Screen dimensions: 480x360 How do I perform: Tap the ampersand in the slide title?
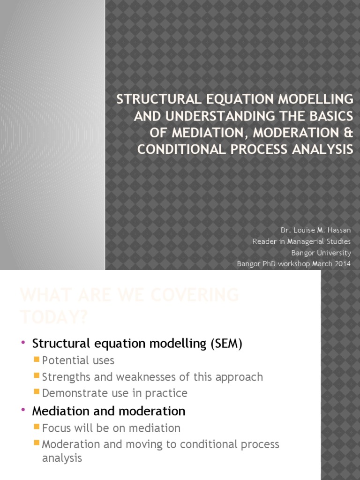click(x=347, y=133)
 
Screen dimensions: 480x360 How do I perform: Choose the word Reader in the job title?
click(x=263, y=241)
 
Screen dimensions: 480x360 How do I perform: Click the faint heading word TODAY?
click(x=53, y=317)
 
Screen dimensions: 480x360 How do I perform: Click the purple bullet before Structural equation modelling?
click(x=23, y=343)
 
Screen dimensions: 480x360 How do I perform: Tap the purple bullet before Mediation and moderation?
click(x=23, y=411)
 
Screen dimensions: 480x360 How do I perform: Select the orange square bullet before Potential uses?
click(x=37, y=360)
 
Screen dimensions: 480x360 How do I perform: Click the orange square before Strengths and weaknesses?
click(x=37, y=376)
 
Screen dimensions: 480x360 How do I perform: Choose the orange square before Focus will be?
click(x=37, y=427)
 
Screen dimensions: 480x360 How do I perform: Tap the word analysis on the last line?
click(x=62, y=458)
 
